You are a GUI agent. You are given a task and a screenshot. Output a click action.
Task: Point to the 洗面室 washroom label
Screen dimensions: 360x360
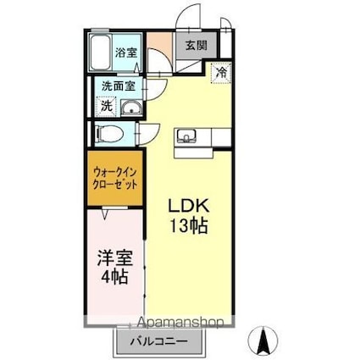click(x=118, y=86)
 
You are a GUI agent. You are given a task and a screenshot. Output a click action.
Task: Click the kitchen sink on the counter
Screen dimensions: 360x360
click(x=187, y=136)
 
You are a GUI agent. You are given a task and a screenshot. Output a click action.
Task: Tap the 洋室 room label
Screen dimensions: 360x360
click(x=112, y=258)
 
